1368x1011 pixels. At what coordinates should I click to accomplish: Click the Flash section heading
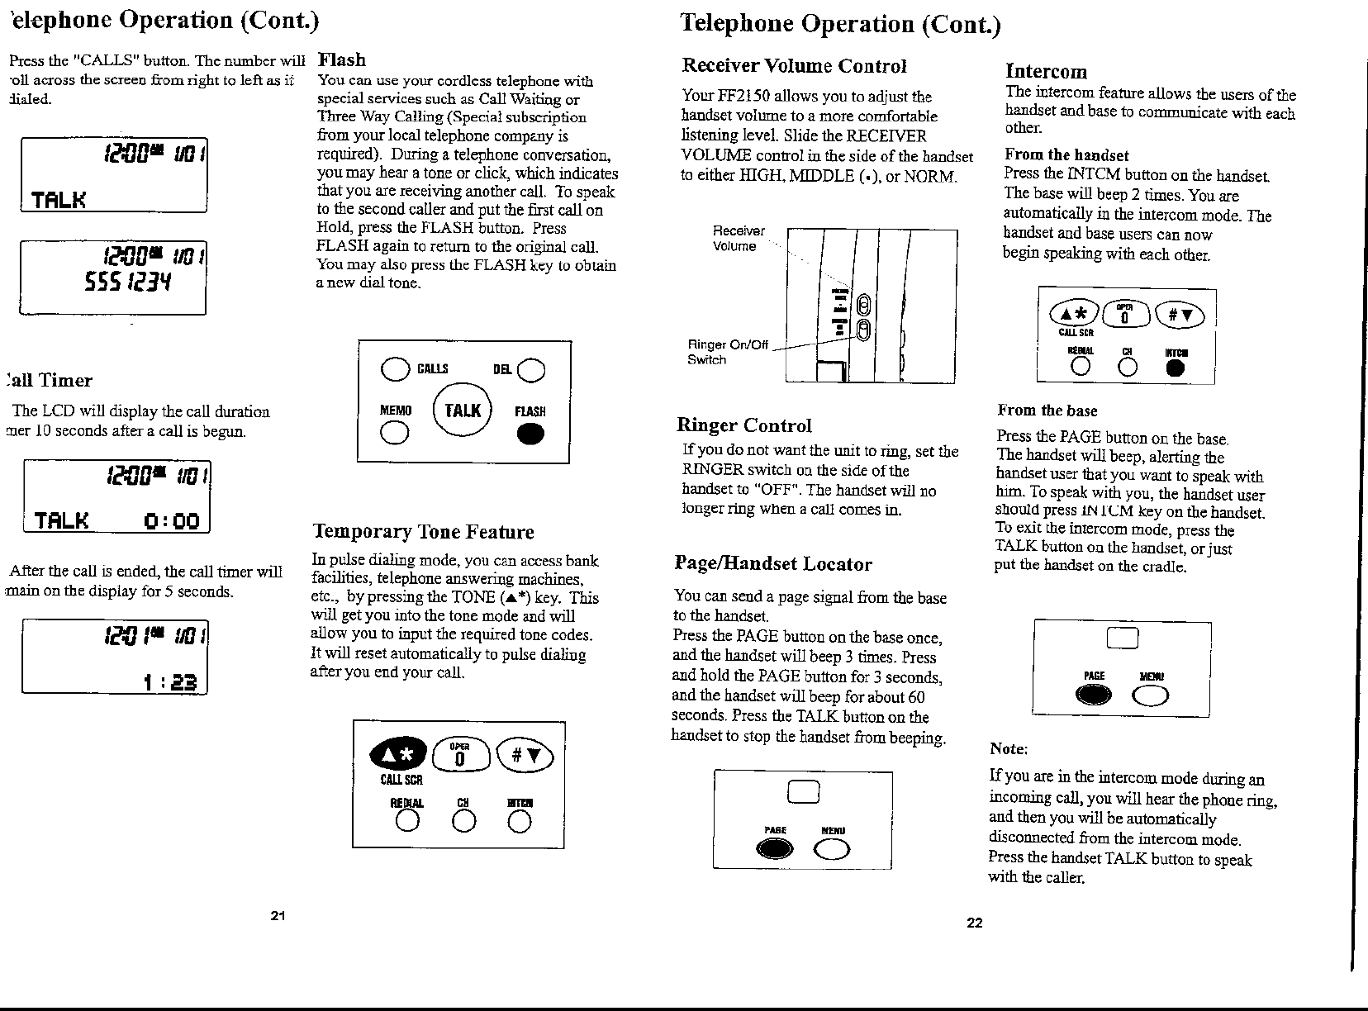342,60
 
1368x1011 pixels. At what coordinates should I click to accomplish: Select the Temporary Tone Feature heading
423,532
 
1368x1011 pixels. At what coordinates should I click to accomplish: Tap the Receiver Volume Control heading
794,66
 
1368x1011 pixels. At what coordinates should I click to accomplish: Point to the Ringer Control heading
744,425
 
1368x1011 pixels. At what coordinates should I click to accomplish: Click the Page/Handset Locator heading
773,564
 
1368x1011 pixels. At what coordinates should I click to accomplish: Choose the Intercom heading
1046,72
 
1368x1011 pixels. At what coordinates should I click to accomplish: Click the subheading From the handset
1066,155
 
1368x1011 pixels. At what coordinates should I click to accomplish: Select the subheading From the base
1047,411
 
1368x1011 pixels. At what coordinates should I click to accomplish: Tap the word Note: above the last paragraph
1009,749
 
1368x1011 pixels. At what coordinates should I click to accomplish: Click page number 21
278,915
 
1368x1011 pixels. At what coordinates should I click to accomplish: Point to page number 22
975,923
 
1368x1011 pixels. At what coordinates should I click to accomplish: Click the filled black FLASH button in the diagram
530,434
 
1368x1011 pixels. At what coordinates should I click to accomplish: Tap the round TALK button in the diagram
463,411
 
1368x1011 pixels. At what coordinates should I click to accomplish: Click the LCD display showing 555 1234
112,278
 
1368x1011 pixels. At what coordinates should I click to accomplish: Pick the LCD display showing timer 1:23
115,657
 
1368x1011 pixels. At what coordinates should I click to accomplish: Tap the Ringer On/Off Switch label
728,352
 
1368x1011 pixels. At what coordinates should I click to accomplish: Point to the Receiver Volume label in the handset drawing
739,238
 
